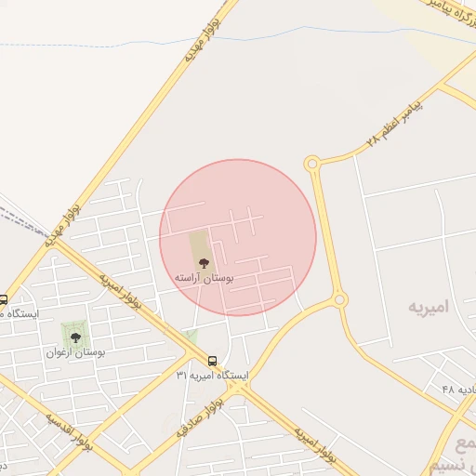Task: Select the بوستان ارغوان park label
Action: click(x=76, y=353)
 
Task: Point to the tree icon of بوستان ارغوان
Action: click(x=75, y=336)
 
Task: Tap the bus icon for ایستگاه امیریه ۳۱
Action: click(x=213, y=360)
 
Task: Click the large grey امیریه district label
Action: click(x=427, y=306)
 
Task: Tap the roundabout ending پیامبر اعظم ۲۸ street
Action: click(x=312, y=165)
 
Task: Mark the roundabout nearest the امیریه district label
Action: click(x=340, y=299)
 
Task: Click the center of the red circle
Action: click(x=238, y=237)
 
